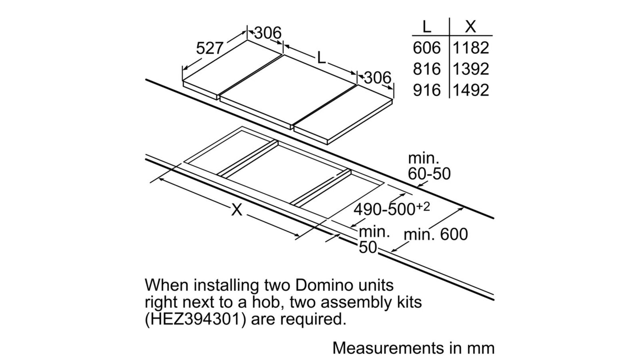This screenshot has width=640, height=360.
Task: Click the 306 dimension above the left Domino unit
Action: tap(268, 33)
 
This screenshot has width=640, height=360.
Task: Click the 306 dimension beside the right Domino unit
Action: tap(377, 77)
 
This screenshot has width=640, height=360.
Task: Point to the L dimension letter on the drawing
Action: tap(322, 58)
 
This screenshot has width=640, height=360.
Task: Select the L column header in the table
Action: tap(427, 27)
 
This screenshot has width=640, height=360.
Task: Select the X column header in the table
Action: tap(470, 27)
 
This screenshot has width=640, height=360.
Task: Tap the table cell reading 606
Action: tap(427, 47)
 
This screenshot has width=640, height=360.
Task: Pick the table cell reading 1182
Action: tap(471, 47)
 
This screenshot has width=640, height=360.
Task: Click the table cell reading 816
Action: tap(427, 69)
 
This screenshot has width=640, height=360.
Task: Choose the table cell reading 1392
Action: tap(471, 69)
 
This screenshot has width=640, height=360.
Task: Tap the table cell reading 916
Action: tap(427, 90)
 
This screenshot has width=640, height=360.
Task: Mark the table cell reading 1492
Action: tap(471, 90)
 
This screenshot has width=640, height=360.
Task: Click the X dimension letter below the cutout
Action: tap(237, 210)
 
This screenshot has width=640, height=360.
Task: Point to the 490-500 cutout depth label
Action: tap(392, 209)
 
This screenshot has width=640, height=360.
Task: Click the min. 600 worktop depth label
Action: tap(436, 234)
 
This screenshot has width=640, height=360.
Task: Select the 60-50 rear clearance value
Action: tap(429, 174)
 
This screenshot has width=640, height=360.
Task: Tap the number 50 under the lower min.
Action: tap(368, 248)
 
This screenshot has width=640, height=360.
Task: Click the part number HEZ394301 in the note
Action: tap(195, 319)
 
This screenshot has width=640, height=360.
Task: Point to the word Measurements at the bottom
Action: tap(388, 348)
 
